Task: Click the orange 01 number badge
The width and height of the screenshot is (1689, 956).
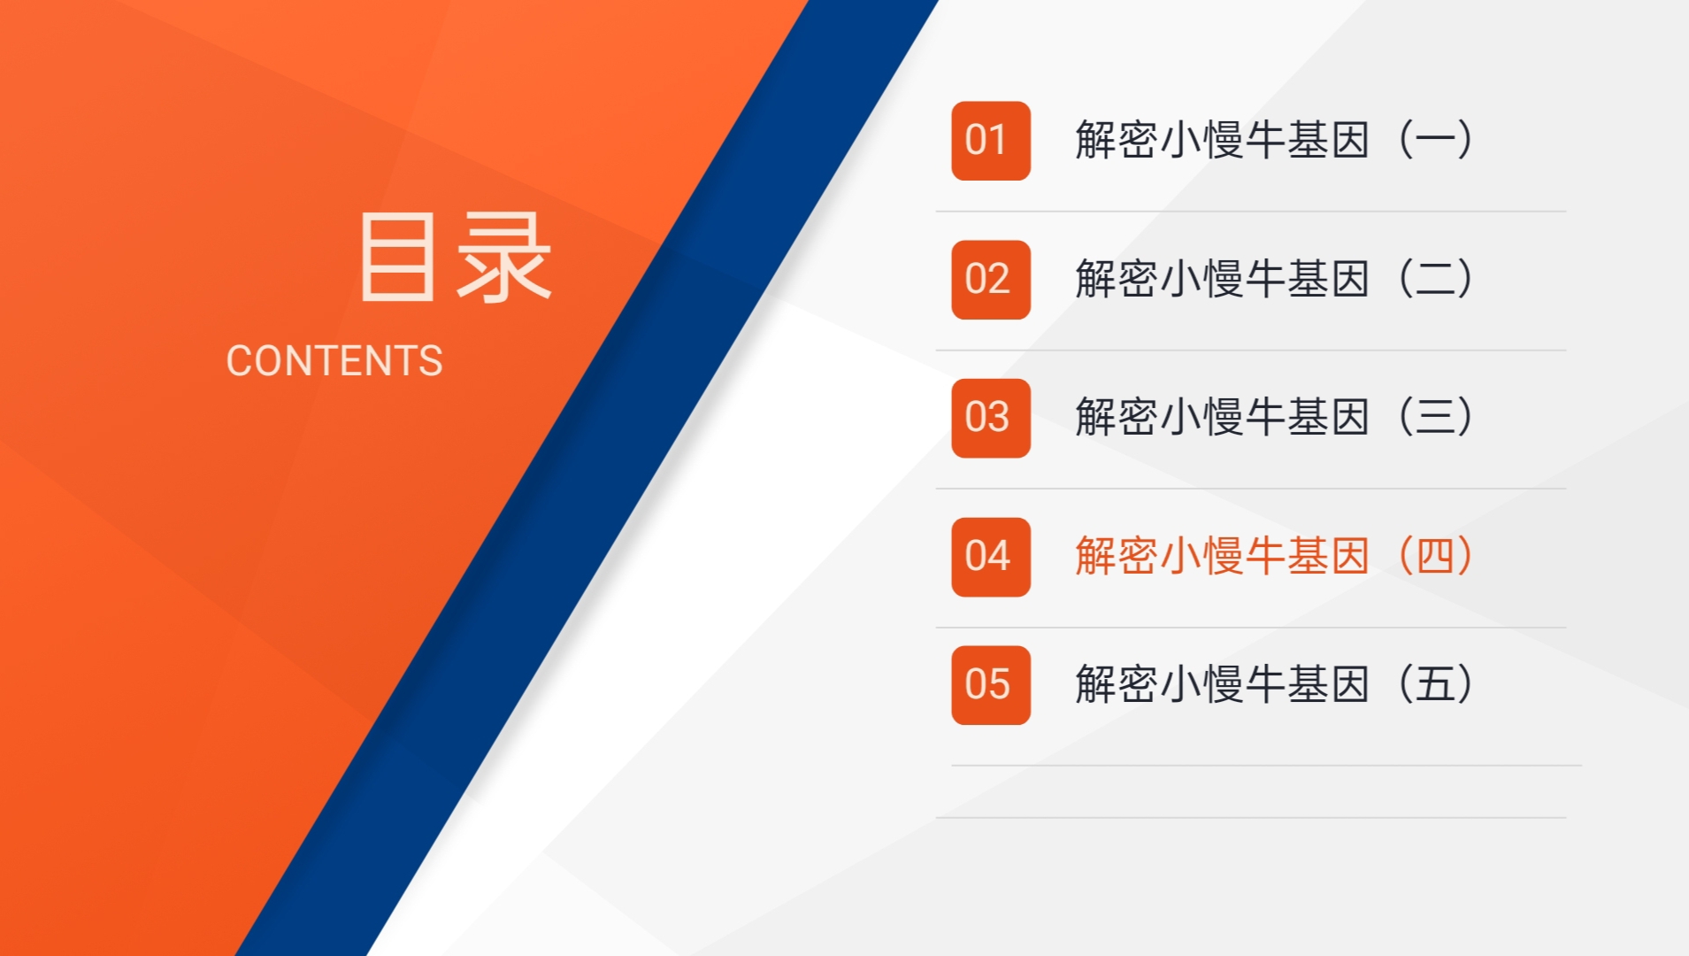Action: [x=990, y=141]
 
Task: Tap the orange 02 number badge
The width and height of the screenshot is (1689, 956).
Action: [x=990, y=280]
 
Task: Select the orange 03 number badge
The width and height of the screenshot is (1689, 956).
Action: [x=990, y=418]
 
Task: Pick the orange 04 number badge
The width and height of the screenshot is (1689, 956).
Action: [x=990, y=557]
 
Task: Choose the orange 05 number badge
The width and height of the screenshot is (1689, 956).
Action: [x=990, y=685]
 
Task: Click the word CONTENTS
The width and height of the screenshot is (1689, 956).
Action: [x=334, y=361]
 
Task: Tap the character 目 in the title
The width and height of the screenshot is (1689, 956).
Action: [x=398, y=257]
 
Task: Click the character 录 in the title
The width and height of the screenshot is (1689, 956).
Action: [x=504, y=257]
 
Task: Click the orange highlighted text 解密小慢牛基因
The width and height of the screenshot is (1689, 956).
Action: [x=1223, y=556]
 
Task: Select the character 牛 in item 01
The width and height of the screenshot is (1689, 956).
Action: [x=1264, y=140]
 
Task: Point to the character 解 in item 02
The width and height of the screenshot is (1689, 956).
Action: [x=1095, y=279]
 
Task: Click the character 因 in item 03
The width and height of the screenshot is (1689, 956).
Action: [x=1349, y=417]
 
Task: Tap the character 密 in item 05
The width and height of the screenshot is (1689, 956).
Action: [x=1138, y=684]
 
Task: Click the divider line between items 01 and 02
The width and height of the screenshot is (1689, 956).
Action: [x=1251, y=212]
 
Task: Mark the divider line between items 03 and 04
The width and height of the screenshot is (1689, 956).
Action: [x=1251, y=489]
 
